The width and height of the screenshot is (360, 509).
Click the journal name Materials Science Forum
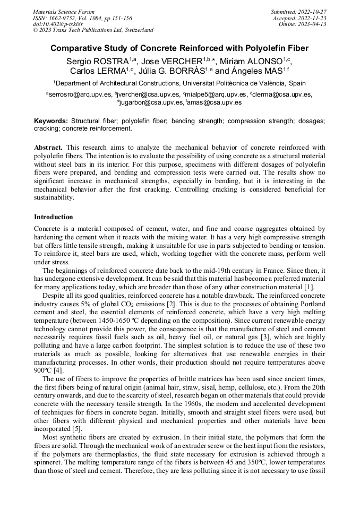[64, 11]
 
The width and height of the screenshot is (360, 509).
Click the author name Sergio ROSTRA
[97, 61]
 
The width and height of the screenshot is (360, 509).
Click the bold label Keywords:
[51, 121]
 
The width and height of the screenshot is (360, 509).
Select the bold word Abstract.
[48, 147]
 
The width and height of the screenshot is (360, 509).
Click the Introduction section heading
[53, 217]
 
